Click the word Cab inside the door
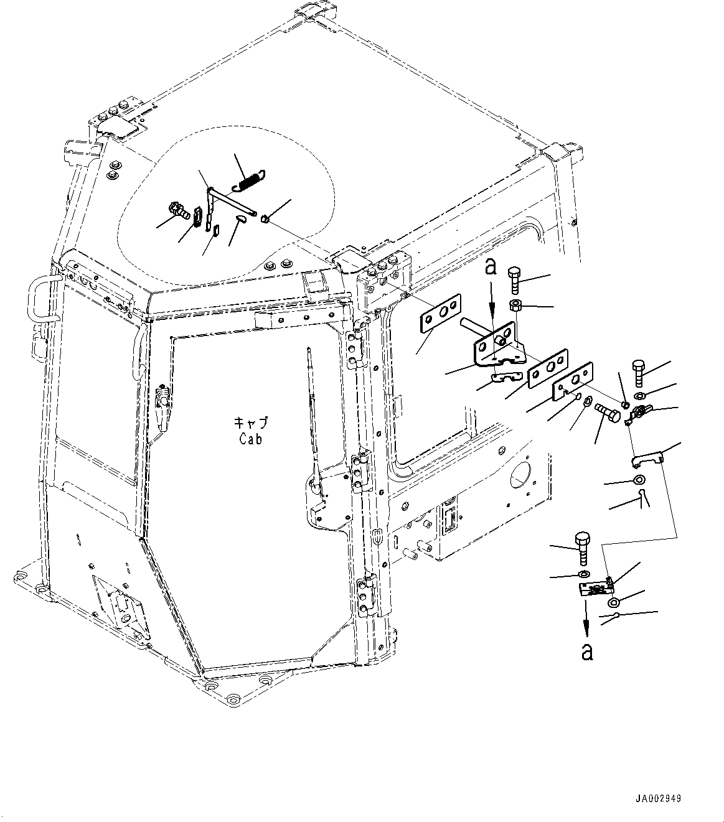point(250,439)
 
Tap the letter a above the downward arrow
point(491,268)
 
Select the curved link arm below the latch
point(647,459)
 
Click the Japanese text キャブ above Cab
point(251,423)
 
